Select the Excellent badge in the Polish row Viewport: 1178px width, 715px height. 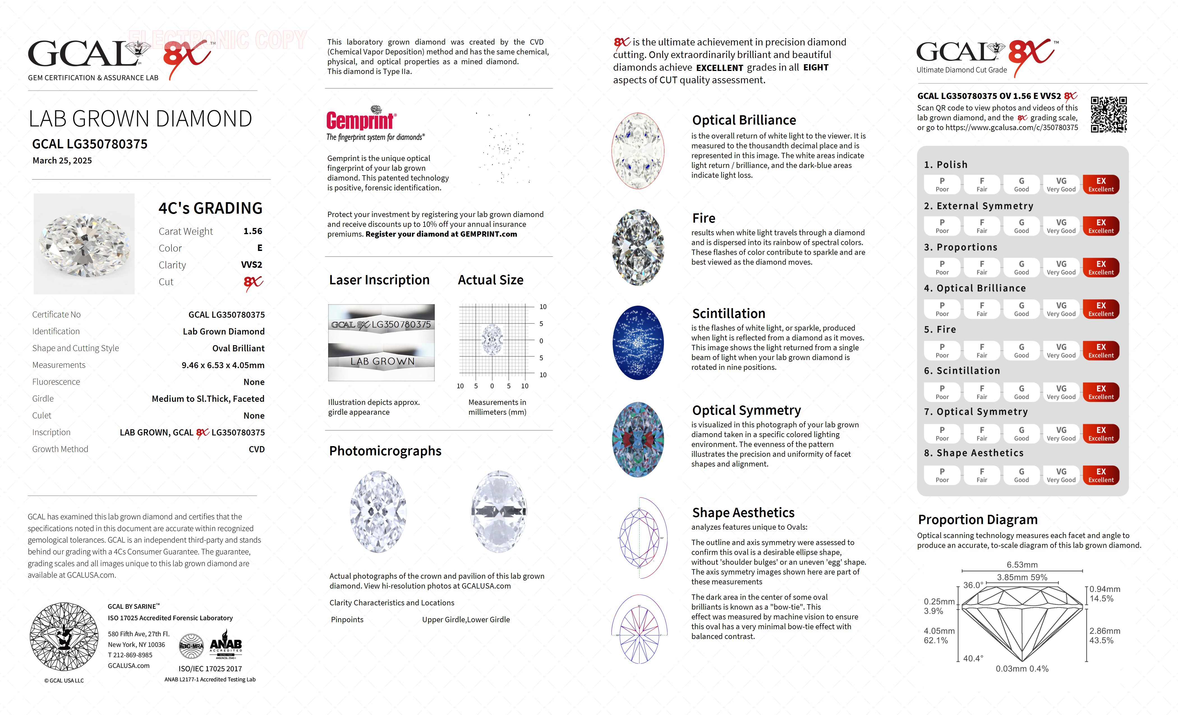1101,184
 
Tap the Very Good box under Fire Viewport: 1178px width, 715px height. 1061,350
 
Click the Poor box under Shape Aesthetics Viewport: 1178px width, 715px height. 942,475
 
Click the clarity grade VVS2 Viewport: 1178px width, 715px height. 252,265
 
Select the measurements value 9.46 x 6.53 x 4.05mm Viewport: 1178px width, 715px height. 223,365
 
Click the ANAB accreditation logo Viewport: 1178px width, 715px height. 226,647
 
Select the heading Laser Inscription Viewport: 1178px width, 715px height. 379,280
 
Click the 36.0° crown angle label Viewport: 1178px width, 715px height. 973,585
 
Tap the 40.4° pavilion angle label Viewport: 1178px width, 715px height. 973,658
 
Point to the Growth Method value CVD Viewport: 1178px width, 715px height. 256,449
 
